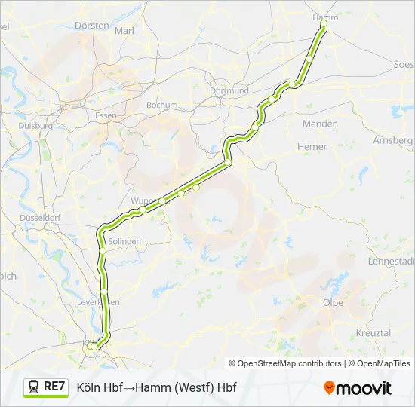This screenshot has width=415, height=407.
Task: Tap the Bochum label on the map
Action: click(161, 106)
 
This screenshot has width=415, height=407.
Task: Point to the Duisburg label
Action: click(35, 127)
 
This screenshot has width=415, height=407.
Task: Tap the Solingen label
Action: click(124, 241)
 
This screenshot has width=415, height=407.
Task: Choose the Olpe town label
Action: click(333, 303)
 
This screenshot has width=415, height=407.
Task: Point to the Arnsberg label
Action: click(392, 140)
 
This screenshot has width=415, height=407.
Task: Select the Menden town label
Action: click(320, 124)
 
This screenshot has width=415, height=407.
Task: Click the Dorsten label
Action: click(92, 25)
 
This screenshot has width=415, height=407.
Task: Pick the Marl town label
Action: click(124, 31)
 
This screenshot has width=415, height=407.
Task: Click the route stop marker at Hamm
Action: click(324, 25)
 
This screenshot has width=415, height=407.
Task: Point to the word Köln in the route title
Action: click(91, 387)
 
